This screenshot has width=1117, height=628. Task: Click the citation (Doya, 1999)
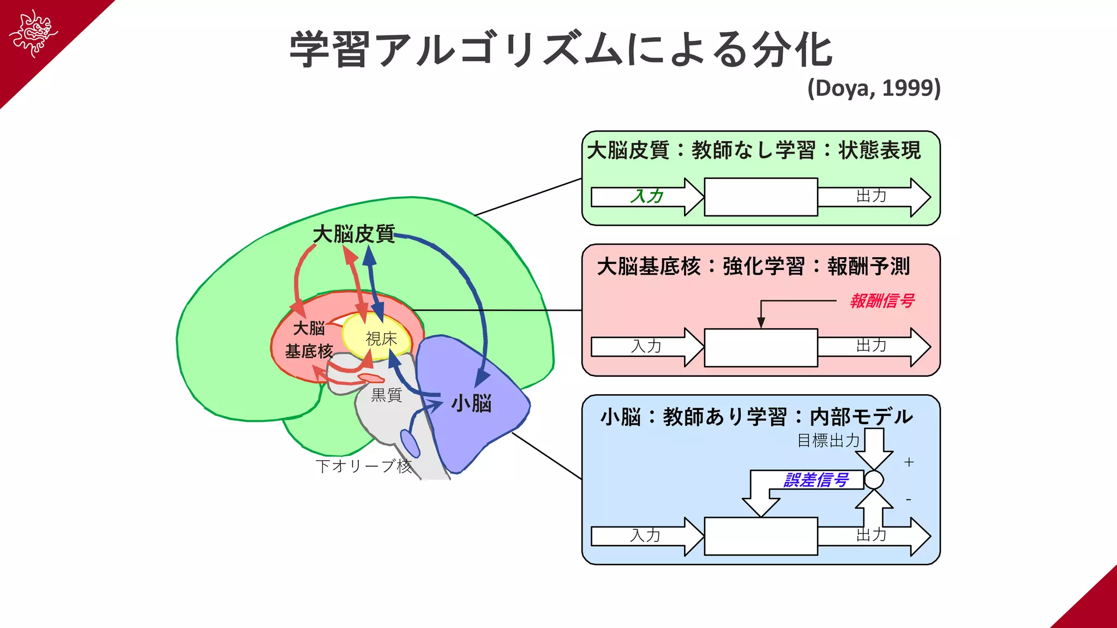click(874, 88)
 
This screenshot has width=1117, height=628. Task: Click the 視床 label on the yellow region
click(381, 339)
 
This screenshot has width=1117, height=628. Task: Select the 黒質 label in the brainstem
click(386, 395)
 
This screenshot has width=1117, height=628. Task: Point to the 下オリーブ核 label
click(363, 466)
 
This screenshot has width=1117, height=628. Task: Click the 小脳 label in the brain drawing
click(472, 403)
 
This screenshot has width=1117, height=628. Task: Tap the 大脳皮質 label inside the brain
click(353, 234)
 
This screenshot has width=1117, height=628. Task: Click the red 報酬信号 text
click(882, 301)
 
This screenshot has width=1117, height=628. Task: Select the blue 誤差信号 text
click(816, 480)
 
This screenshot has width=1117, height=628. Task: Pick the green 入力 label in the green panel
click(647, 196)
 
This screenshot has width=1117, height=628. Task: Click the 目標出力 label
click(828, 440)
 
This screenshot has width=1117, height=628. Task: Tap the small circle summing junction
click(874, 480)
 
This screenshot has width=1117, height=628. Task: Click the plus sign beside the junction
click(909, 462)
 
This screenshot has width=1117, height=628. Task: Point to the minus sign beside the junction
click(909, 499)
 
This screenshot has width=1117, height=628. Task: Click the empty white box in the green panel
click(761, 197)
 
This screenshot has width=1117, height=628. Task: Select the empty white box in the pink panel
click(761, 347)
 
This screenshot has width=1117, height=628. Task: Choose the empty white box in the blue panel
click(761, 536)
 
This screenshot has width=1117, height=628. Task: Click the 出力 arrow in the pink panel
click(873, 347)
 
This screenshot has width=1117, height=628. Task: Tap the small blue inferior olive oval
click(410, 443)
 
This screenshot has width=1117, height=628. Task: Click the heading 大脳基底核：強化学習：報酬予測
click(753, 267)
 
